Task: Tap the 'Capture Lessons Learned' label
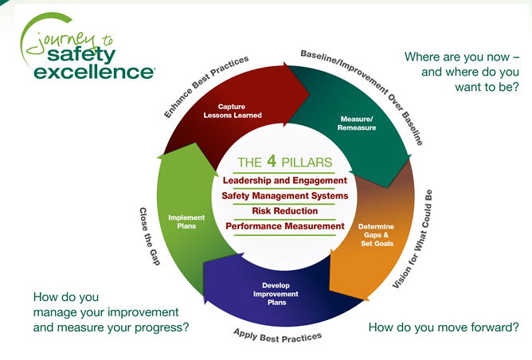(239, 110)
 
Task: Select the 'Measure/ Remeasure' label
(355, 123)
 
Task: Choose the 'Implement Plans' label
(186, 221)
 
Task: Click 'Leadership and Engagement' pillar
(284, 181)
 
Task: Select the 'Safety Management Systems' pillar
(284, 196)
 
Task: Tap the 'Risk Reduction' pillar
(284, 211)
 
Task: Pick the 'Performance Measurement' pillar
(284, 226)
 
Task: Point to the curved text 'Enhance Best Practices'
(205, 87)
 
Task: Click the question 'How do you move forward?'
(444, 327)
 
